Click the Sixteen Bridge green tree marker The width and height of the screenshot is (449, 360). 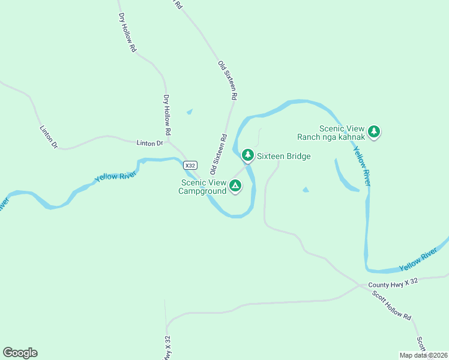click(x=247, y=155)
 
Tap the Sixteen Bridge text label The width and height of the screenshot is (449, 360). click(x=284, y=157)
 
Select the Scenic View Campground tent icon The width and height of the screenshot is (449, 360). click(x=235, y=187)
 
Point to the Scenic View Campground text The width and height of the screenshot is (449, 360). click(x=202, y=187)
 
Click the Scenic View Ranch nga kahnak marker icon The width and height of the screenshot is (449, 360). click(x=374, y=131)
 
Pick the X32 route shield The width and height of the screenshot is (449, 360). click(x=190, y=166)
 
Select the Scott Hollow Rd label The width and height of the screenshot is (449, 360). click(x=391, y=305)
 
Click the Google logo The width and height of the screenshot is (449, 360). click(x=20, y=353)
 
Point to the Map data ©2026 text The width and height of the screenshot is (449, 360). click(x=423, y=355)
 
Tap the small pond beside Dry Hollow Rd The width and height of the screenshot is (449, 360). click(x=190, y=111)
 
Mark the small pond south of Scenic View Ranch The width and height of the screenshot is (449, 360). click(x=306, y=190)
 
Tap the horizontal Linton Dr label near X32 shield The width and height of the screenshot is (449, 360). click(x=149, y=143)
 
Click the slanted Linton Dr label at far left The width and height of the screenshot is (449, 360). click(x=47, y=137)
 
